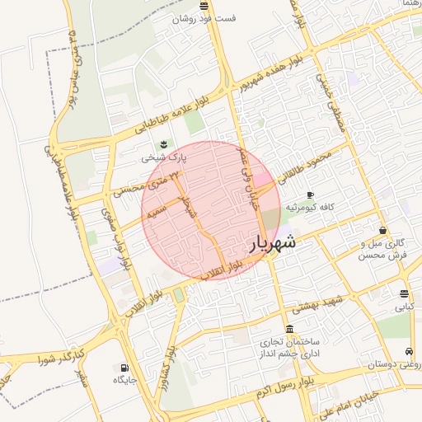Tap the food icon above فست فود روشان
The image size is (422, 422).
click(x=204, y=6)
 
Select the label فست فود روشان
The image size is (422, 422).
click(x=204, y=18)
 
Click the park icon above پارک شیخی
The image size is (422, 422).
click(x=164, y=145)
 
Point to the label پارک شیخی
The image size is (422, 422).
click(x=164, y=157)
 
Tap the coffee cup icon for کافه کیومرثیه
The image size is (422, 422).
click(x=310, y=195)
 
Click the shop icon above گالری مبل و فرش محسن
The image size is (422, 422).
click(x=383, y=230)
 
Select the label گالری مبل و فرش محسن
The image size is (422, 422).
click(x=383, y=250)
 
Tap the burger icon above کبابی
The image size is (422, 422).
click(x=404, y=294)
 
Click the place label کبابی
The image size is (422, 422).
click(x=404, y=307)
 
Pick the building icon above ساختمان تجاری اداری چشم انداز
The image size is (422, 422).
click(x=288, y=329)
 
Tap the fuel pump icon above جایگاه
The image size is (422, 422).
click(x=124, y=368)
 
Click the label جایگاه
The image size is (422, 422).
click(x=124, y=380)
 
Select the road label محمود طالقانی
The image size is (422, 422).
click(x=306, y=162)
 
